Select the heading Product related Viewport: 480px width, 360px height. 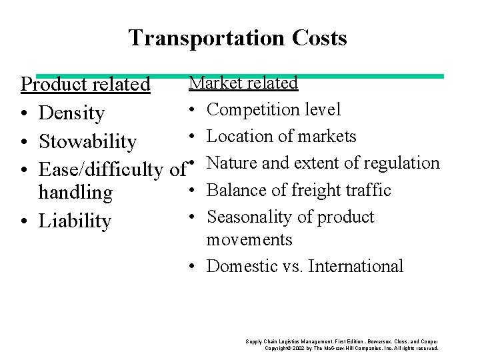(x=85, y=85)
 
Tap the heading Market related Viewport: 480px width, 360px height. (x=243, y=83)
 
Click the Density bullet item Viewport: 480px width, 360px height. (x=71, y=113)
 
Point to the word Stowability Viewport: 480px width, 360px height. (x=87, y=141)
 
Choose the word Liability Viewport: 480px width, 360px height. (x=74, y=221)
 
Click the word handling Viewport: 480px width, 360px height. (x=75, y=193)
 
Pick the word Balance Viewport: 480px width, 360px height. (x=235, y=190)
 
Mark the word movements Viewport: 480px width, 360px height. (x=249, y=239)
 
